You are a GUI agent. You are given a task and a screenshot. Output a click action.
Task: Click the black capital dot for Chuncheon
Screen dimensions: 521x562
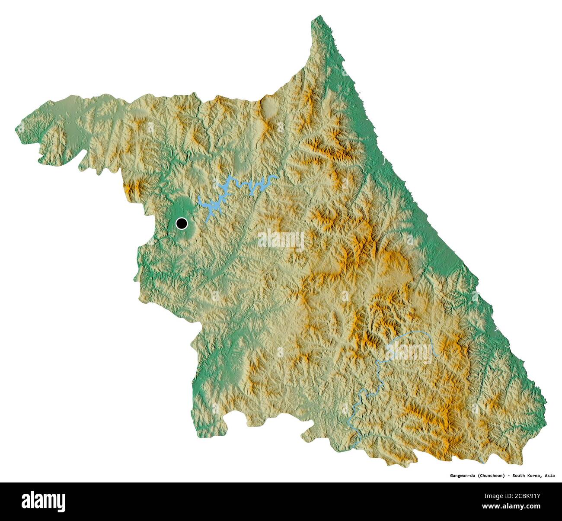[182, 223]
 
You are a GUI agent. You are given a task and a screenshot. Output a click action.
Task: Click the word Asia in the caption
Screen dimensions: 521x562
[549, 476]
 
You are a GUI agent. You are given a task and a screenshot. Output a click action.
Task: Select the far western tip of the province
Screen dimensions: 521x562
[17, 128]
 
